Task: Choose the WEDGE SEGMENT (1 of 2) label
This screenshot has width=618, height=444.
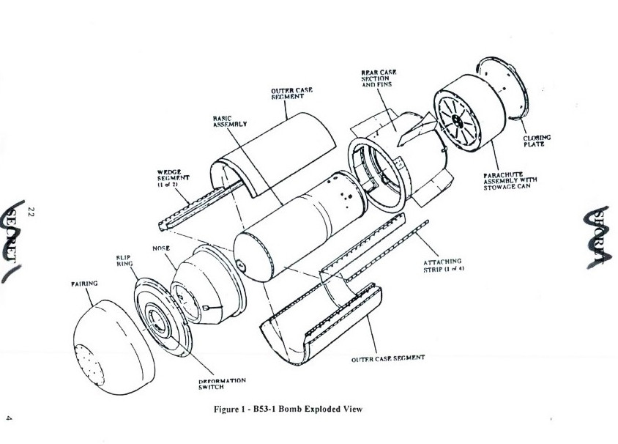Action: click(x=173, y=177)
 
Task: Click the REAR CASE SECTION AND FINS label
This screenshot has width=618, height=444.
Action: click(x=379, y=78)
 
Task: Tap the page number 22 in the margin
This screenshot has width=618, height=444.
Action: click(x=31, y=212)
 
